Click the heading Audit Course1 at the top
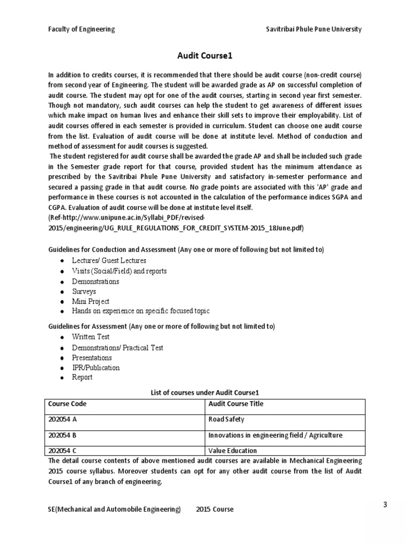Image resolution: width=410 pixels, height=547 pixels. pyautogui.click(x=205, y=56)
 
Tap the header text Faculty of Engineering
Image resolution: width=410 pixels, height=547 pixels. pyautogui.click(x=81, y=29)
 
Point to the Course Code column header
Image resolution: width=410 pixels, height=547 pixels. pyautogui.click(x=67, y=404)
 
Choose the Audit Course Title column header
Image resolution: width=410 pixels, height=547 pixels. pyautogui.click(x=235, y=404)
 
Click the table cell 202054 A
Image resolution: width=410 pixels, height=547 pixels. pyautogui.click(x=63, y=419)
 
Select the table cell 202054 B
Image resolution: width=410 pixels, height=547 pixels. pyautogui.click(x=63, y=435)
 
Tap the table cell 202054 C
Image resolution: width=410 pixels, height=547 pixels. pyautogui.click(x=63, y=450)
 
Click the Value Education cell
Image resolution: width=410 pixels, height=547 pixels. pyautogui.click(x=232, y=450)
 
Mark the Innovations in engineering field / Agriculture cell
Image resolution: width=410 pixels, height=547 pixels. pyautogui.click(x=275, y=435)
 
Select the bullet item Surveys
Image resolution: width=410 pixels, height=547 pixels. pyautogui.click(x=84, y=291)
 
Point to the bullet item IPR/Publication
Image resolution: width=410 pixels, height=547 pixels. pyautogui.click(x=96, y=368)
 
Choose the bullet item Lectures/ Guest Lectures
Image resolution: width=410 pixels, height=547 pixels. pyautogui.click(x=109, y=261)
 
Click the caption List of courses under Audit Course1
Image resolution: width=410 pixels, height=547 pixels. pyautogui.click(x=205, y=393)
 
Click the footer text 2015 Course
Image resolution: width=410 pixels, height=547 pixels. pyautogui.click(x=215, y=509)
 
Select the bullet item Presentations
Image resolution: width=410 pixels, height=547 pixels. pyautogui.click(x=92, y=357)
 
